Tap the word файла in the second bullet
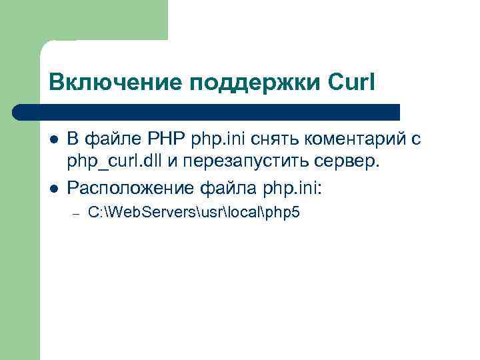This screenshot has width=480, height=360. click(219, 188)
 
